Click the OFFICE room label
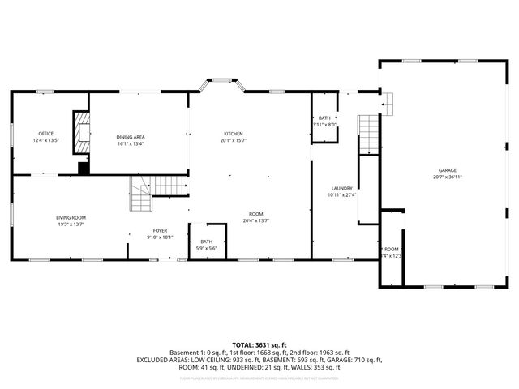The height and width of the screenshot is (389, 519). pos(46,134)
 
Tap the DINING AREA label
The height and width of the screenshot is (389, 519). pos(130,137)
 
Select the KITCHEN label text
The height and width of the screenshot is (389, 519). pos(234,134)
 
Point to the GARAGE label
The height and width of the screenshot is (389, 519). pos(448,170)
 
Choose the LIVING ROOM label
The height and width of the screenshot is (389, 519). pos(71,217)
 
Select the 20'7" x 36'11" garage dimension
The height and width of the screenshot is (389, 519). pos(448,177)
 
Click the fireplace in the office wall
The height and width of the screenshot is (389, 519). pos(80,133)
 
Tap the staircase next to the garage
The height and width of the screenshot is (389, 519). pos(368,134)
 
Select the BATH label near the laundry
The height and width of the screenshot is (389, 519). pos(324,119)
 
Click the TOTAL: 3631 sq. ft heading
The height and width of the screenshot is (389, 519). pos(259,344)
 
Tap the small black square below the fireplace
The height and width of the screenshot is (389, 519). pos(83,169)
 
